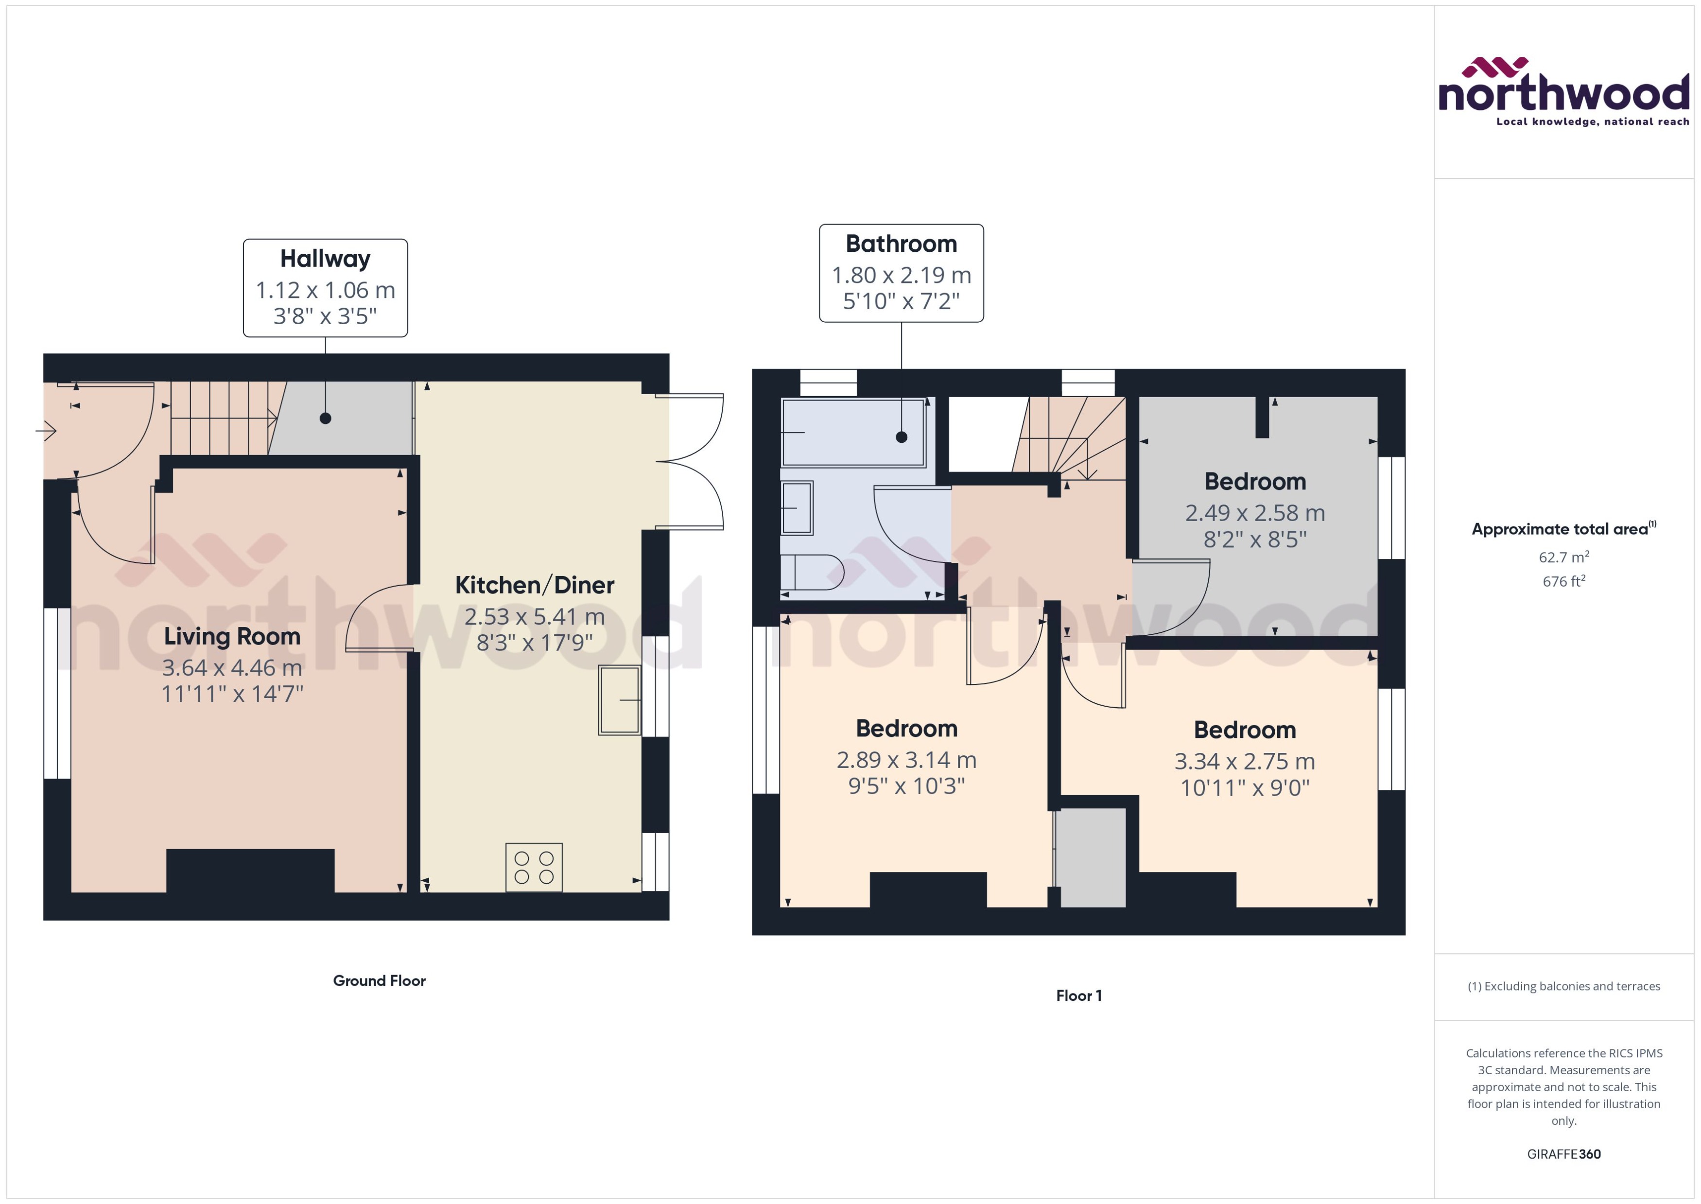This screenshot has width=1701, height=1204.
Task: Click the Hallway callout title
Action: point(325,259)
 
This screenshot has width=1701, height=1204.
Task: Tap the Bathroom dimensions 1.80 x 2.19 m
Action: point(901,275)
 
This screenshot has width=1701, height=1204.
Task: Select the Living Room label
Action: point(232,636)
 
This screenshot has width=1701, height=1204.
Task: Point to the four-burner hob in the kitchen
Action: point(534,867)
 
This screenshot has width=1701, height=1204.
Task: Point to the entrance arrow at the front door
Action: point(46,430)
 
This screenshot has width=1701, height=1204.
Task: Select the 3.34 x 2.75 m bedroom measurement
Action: point(1245,761)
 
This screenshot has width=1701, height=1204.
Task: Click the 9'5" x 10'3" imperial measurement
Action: point(906,786)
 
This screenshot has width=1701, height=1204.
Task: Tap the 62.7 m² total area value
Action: point(1563,557)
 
